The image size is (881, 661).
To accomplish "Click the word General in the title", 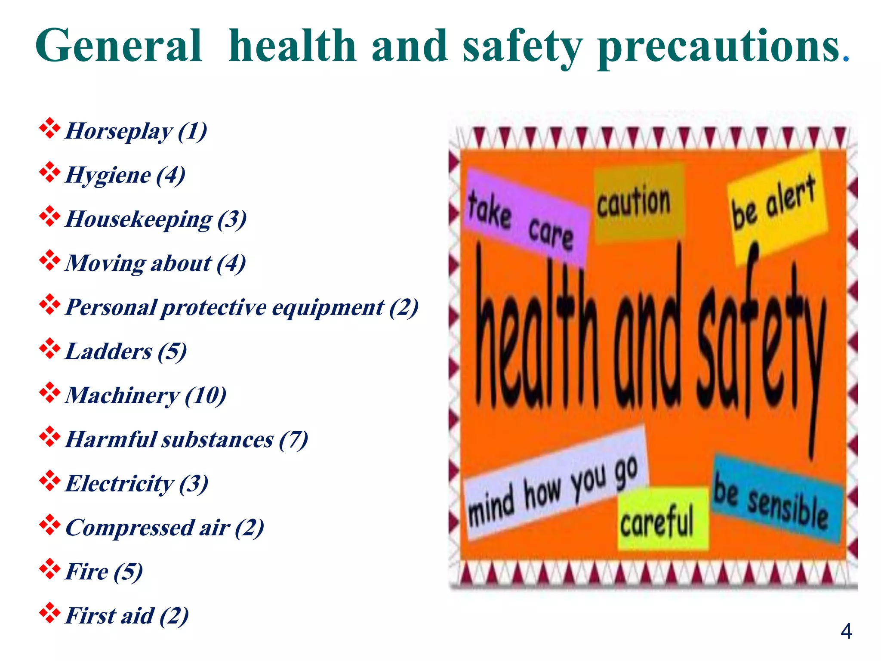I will [119, 46].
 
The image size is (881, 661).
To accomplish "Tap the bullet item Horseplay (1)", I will [136, 131].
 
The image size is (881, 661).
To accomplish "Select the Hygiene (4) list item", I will [125, 175].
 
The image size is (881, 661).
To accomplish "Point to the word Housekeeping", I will [139, 219].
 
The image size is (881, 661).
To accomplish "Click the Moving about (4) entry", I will [155, 263].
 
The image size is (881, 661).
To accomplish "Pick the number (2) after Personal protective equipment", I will [404, 307].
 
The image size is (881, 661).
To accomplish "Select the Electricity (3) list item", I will [137, 483].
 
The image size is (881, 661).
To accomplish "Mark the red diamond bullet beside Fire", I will [49, 569].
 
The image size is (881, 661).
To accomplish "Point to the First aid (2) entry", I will [127, 615].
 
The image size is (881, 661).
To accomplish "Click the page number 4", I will [846, 632].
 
